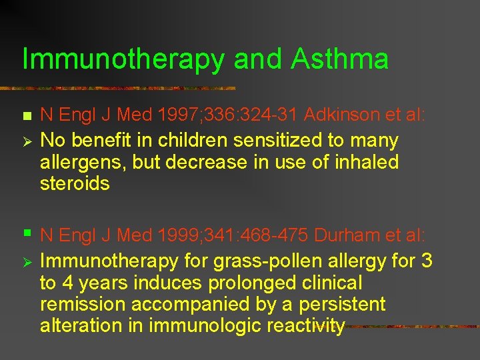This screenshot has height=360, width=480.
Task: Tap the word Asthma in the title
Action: tap(340, 59)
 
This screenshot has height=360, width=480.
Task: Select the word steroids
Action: tap(75, 183)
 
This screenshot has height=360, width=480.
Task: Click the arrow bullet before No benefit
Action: tap(27, 141)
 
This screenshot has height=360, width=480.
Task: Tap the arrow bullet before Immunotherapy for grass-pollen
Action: tap(27, 261)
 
